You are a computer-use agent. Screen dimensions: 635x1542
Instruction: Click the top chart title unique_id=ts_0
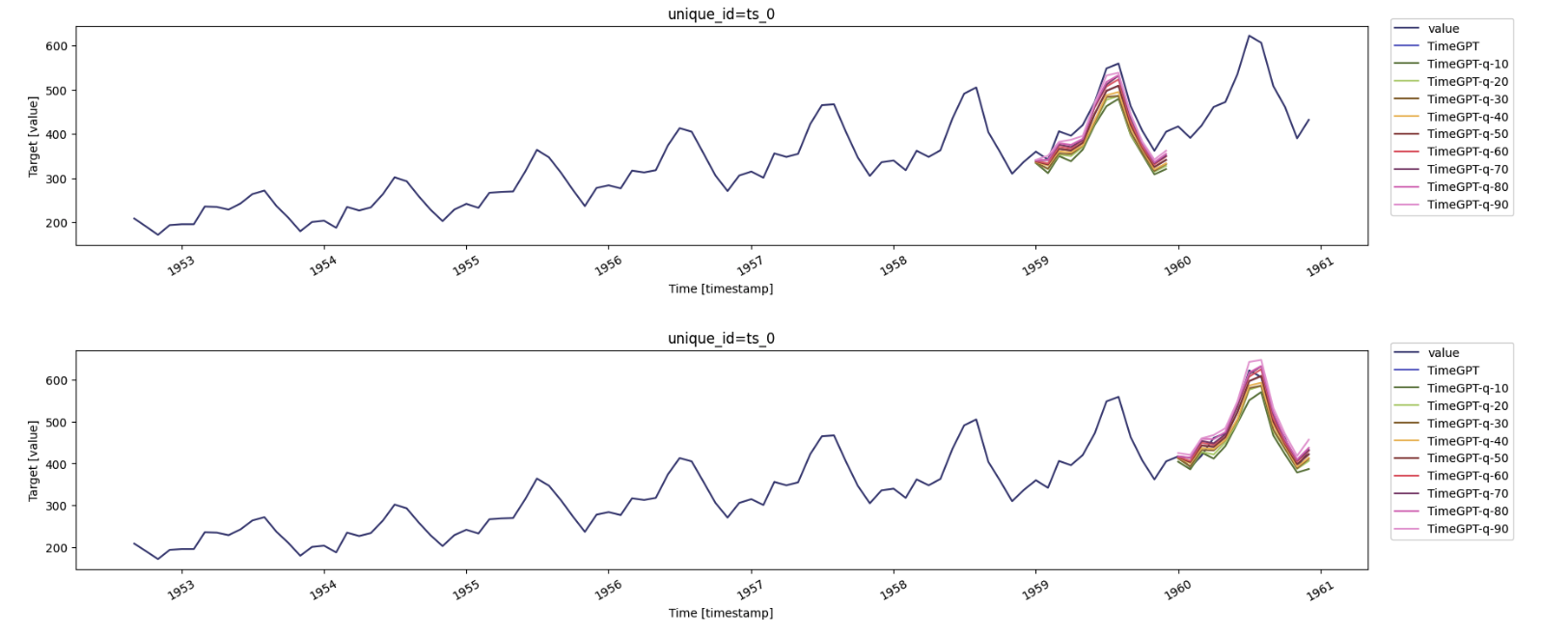point(721,14)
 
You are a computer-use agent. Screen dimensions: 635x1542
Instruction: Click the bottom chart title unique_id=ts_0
point(721,338)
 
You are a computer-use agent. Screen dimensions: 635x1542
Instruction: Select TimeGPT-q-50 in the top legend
point(1467,134)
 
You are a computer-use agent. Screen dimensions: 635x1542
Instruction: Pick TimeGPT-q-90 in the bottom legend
point(1467,529)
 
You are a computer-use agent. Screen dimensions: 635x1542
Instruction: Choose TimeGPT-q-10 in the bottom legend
point(1467,388)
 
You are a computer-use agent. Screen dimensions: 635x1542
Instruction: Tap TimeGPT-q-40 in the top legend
point(1467,117)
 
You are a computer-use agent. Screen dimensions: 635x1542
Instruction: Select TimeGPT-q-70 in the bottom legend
point(1467,493)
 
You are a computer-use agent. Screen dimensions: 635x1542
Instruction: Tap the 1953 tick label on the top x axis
point(180,266)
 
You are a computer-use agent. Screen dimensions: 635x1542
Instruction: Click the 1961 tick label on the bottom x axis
point(1319,591)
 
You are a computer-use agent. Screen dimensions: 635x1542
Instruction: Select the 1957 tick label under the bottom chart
point(750,591)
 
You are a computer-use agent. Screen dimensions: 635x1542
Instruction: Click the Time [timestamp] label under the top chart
point(721,289)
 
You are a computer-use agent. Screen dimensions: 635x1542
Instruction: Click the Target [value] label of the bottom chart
point(33,460)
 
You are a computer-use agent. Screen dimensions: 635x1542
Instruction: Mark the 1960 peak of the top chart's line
point(1250,36)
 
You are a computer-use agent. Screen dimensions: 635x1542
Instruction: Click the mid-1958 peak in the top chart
point(976,88)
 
